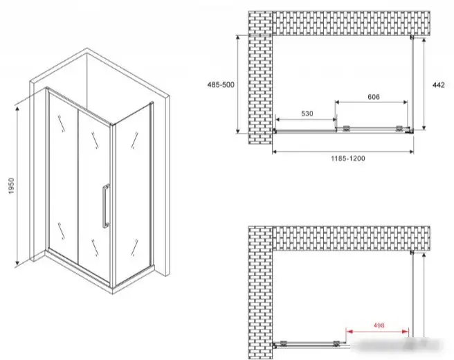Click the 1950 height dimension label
[x=11, y=186]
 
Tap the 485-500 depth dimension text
[x=221, y=85]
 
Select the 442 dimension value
[x=438, y=85]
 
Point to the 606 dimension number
[x=374, y=97]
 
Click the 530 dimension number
[x=307, y=114]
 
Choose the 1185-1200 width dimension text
[x=348, y=159]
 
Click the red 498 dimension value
[x=379, y=325]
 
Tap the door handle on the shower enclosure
[x=106, y=206]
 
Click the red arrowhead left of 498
[x=349, y=332]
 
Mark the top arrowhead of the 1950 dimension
[x=17, y=109]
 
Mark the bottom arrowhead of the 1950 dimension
[x=17, y=262]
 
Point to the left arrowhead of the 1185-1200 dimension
[x=275, y=152]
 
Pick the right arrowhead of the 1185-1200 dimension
[x=411, y=152]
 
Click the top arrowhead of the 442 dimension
[x=424, y=40]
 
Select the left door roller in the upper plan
[x=346, y=129]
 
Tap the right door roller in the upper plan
[x=399, y=129]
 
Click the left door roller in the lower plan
[x=284, y=343]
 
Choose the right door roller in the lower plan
[x=336, y=343]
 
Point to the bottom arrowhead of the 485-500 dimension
[x=238, y=131]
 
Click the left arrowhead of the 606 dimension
[x=338, y=102]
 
